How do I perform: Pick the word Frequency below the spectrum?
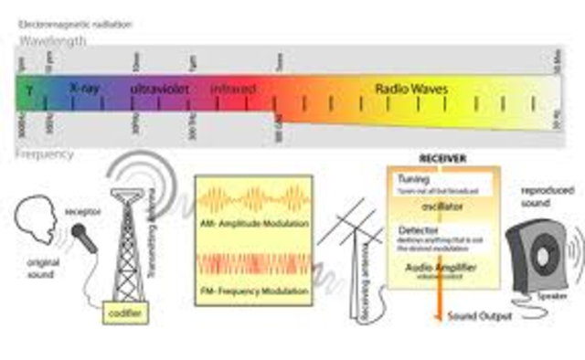pos(44,154)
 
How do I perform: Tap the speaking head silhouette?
pos(39,218)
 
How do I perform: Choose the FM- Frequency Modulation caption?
pos(254,287)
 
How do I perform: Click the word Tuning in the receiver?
pos(408,178)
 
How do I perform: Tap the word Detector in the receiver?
pos(415,232)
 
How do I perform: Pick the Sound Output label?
pos(478,316)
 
